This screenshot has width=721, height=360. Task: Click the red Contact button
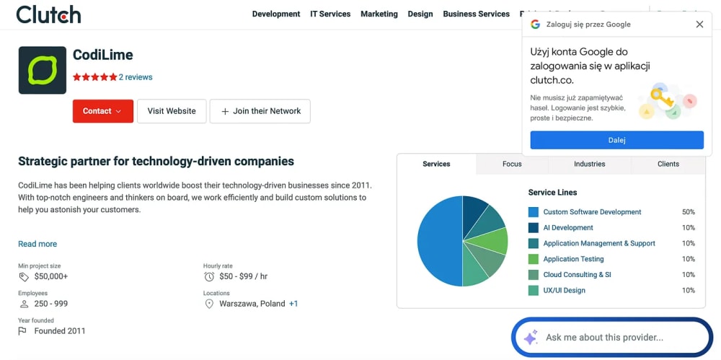click(x=103, y=111)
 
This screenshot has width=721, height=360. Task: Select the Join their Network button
click(x=260, y=111)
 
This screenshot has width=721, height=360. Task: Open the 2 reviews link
click(x=136, y=77)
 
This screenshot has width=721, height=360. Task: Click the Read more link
click(x=37, y=244)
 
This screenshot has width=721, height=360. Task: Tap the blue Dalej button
click(x=616, y=140)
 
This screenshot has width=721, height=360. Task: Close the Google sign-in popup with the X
click(x=699, y=25)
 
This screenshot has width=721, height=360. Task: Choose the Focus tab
click(x=512, y=164)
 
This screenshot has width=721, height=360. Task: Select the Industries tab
click(x=590, y=164)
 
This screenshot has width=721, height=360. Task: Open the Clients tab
click(x=668, y=164)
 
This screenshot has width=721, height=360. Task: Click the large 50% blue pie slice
click(x=439, y=241)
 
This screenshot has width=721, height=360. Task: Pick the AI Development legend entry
click(x=568, y=227)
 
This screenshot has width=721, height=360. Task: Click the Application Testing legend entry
click(x=573, y=259)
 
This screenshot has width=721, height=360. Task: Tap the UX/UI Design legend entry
click(x=565, y=290)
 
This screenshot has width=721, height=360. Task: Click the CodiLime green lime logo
click(x=43, y=70)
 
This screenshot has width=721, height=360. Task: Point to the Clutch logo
click(x=49, y=14)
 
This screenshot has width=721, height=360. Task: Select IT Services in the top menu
click(x=330, y=14)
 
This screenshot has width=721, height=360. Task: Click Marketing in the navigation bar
click(x=379, y=14)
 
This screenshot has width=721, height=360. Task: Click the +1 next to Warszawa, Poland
click(x=293, y=304)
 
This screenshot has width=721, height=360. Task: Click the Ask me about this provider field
click(x=611, y=338)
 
